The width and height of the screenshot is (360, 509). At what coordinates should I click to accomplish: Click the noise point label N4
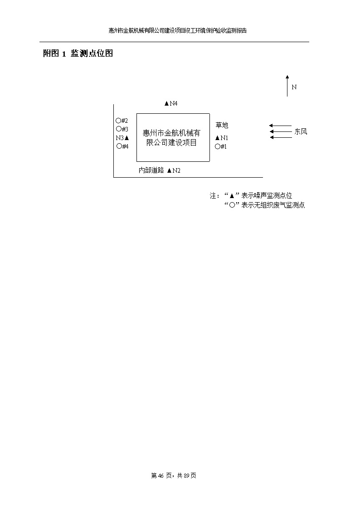point(174,103)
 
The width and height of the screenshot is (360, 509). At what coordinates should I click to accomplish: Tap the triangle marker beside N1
point(218,138)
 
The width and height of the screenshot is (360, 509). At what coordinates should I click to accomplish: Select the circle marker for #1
point(218,146)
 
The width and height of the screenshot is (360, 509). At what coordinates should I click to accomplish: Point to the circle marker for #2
point(118,121)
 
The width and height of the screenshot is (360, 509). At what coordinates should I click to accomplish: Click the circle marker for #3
point(118,129)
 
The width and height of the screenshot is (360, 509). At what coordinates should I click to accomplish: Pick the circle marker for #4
point(119,146)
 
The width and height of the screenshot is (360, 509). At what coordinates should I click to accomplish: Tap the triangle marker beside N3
point(126,138)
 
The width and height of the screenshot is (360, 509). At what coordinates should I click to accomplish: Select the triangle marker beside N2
point(169,170)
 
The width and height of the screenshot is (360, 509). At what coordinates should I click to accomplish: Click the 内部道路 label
point(151,170)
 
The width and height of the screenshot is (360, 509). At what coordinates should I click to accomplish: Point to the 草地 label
point(222,125)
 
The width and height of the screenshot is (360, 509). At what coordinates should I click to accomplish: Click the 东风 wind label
point(301,131)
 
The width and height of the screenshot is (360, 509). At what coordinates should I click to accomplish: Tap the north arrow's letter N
point(294,87)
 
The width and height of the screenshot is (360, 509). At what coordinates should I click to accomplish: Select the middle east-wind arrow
point(281,131)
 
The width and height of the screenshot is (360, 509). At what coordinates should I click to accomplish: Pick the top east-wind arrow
point(281,126)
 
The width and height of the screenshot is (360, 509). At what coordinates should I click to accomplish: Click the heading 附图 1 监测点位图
point(78,53)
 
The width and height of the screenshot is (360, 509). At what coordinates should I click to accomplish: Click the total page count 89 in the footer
point(186,475)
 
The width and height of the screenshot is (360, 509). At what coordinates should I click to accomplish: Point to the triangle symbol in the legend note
point(232,196)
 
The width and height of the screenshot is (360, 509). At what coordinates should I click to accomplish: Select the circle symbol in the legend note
point(232,205)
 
